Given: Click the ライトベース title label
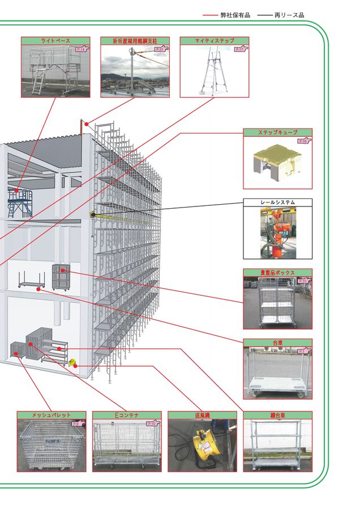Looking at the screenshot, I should [x=55, y=41].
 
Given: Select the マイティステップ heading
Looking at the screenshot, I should [x=214, y=41].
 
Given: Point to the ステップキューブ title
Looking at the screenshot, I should [x=277, y=132].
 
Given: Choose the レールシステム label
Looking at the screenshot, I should [x=277, y=201].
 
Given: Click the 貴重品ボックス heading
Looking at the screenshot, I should [x=277, y=272].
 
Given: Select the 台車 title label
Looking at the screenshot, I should [x=277, y=343].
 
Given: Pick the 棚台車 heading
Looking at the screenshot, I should [x=277, y=415].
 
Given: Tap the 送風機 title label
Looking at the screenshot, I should [x=202, y=415].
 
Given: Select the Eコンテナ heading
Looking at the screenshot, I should [x=126, y=415].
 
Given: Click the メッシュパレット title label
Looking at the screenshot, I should [x=51, y=415].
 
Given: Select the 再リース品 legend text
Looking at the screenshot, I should [x=289, y=15].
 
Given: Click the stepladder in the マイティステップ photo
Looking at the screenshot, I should [x=212, y=71].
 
